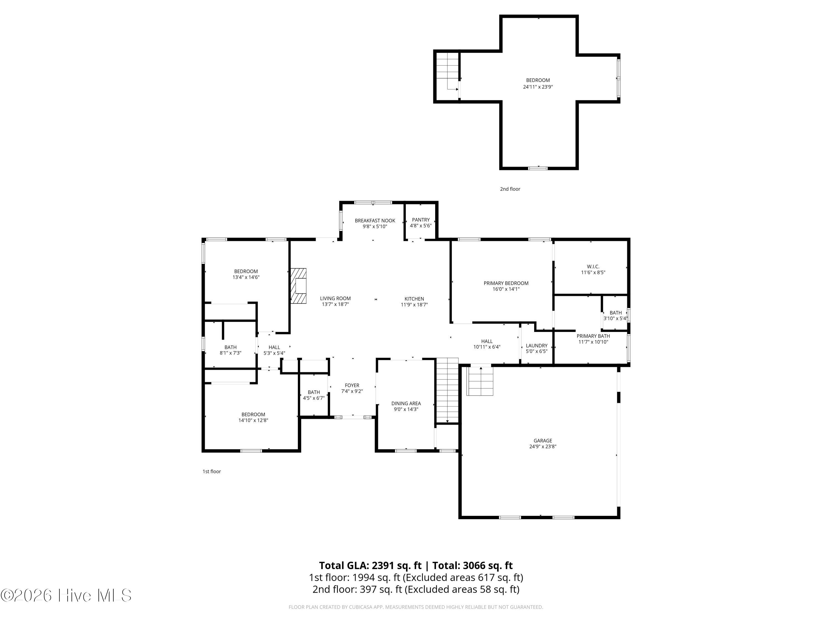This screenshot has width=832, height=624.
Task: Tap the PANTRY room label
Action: click(420, 220)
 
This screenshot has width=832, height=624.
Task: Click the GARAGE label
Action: click(543, 440)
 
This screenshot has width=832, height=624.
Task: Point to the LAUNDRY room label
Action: click(536, 345)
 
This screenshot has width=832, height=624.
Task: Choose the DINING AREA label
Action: click(406, 403)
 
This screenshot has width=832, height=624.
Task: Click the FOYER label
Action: click(352, 385)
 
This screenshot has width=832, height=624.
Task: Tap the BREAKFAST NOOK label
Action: click(375, 220)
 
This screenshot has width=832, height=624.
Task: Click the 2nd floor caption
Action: click(510, 189)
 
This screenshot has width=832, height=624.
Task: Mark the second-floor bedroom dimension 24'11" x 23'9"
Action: click(537, 87)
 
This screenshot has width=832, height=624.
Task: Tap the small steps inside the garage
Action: click(480, 381)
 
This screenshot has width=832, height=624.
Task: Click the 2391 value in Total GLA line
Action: click(383, 565)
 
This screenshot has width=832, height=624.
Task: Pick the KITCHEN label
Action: click(414, 299)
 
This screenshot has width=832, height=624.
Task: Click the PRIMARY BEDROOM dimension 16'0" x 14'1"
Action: click(506, 289)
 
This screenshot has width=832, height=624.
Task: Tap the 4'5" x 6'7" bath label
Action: click(314, 398)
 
